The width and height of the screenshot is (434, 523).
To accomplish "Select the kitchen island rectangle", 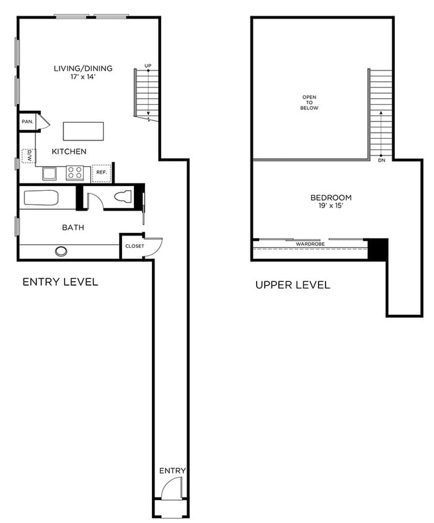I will (x=83, y=131).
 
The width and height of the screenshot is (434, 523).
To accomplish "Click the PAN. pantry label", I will (x=27, y=121).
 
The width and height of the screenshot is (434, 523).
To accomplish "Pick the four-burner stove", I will (x=75, y=172).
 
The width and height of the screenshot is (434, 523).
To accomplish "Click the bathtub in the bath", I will (x=42, y=198).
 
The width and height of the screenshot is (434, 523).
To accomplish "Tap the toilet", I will (x=123, y=197).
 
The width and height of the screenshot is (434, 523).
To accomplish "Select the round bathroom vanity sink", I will (x=61, y=251).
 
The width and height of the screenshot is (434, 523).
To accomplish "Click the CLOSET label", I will (x=135, y=246).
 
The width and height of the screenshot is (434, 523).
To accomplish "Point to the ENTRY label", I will (x=172, y=471).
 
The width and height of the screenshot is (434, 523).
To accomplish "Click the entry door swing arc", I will (x=169, y=490).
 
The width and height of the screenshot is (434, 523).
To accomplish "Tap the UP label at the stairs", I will (x=148, y=65).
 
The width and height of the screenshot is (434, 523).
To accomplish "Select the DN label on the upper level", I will (x=381, y=160).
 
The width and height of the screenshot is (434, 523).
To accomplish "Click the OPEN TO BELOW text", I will (x=309, y=102).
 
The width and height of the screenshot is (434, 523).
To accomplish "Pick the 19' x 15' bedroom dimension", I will (x=322, y=206).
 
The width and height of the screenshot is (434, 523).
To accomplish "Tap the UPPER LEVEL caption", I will (x=293, y=285).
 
